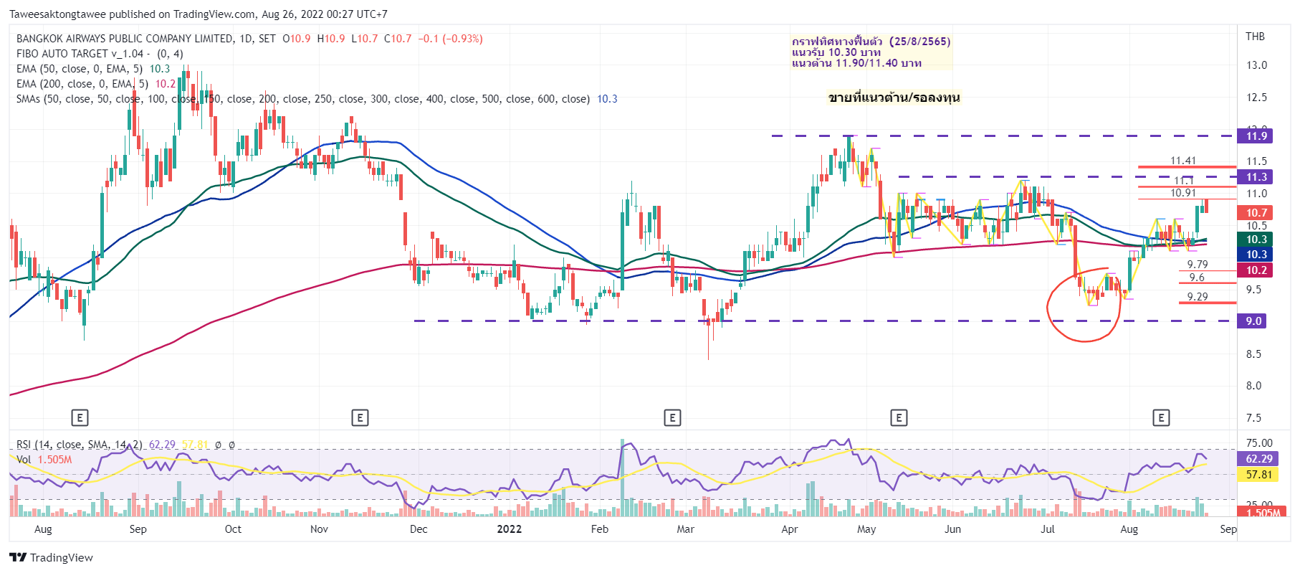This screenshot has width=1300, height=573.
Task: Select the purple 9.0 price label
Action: click(x=1252, y=321)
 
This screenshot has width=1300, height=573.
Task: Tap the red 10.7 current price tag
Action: click(x=1256, y=213)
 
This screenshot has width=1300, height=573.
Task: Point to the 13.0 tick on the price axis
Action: click(x=1256, y=65)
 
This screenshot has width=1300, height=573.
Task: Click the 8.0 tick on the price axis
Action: click(x=1253, y=386)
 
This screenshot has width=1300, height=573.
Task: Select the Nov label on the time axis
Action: click(x=319, y=529)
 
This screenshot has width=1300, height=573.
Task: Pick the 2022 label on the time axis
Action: click(x=509, y=529)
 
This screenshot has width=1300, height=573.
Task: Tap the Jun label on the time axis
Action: click(x=952, y=529)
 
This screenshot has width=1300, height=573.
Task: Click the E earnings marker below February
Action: click(x=672, y=417)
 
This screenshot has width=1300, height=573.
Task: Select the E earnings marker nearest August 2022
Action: click(x=1161, y=417)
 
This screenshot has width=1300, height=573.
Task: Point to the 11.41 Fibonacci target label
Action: click(x=1183, y=161)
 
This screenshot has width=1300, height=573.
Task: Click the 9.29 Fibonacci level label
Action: click(x=1197, y=296)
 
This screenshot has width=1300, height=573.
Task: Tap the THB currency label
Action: click(x=1255, y=37)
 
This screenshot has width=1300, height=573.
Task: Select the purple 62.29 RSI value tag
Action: click(x=1258, y=459)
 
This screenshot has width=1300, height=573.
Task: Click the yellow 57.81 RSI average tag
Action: click(x=1258, y=475)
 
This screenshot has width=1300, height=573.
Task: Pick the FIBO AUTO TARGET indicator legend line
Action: click(x=82, y=54)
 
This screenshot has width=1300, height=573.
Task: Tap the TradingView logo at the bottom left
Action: click(x=52, y=558)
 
